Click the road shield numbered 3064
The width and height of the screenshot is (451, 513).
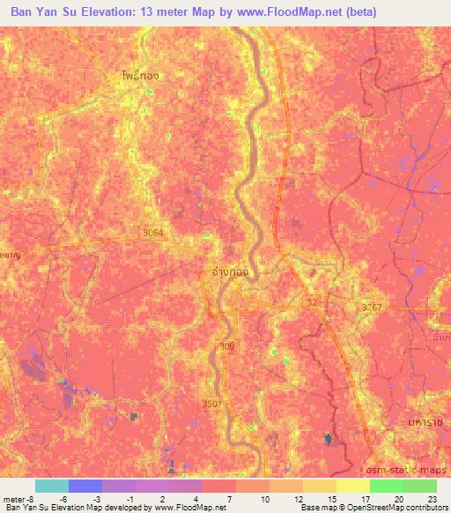click(152, 232)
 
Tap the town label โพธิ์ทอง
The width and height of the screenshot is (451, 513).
click(142, 77)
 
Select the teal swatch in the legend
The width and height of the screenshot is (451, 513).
click(52, 486)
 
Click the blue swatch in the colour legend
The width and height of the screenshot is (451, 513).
click(85, 486)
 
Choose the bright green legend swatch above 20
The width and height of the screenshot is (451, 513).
click(387, 486)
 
